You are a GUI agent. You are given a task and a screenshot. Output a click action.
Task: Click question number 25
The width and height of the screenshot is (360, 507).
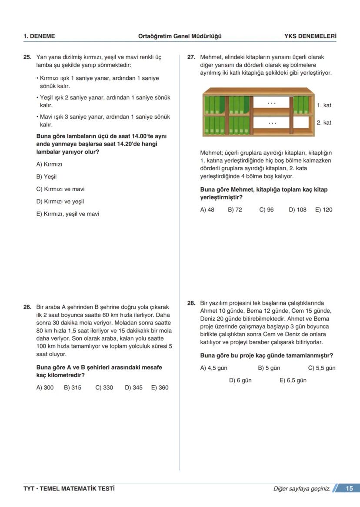27,57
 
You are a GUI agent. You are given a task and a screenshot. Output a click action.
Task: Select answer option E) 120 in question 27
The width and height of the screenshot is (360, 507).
323,209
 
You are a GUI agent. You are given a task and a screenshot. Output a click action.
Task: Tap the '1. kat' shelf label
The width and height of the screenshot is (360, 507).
324,105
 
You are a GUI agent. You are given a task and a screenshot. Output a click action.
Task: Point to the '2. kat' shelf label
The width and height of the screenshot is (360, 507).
324,123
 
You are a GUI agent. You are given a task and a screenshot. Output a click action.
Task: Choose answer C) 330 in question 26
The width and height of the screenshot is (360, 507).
104,388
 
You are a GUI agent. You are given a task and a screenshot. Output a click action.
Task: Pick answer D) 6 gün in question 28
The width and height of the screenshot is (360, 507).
240,380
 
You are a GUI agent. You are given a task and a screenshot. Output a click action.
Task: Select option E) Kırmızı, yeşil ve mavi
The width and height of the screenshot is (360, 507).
67,214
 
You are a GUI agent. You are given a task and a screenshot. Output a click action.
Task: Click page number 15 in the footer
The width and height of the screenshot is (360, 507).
349,488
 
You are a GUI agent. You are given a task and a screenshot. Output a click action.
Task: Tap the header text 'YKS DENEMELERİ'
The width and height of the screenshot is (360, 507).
310,36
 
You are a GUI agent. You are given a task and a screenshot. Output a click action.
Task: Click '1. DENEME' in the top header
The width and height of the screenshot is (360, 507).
39,36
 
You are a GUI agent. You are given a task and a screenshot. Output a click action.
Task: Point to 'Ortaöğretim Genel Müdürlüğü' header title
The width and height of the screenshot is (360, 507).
180,36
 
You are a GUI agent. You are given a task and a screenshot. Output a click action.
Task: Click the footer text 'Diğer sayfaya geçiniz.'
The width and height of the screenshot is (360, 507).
302,489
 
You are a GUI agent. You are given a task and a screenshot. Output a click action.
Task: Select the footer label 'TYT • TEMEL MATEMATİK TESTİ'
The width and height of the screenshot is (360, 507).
69,489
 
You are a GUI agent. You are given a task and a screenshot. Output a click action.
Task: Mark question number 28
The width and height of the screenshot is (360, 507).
191,303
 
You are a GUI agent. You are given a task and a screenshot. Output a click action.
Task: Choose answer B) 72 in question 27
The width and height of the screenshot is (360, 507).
235,209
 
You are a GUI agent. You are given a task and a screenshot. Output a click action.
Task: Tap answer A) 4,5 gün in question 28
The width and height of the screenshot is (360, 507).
213,368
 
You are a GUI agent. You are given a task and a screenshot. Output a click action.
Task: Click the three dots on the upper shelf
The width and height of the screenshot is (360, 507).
272,103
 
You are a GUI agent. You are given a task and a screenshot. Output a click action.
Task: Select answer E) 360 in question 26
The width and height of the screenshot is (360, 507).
160,388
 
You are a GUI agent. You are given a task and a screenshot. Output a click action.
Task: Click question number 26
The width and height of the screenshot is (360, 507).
27,307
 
